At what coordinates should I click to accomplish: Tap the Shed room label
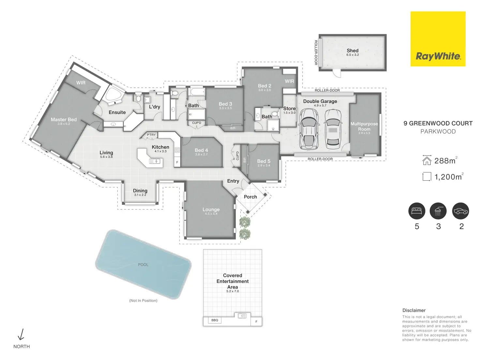tap(352, 51)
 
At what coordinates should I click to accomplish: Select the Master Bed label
tap(64, 120)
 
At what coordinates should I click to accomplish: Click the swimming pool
tap(143, 264)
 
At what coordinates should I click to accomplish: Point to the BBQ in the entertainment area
tap(215, 320)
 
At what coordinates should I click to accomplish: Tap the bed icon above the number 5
tap(417, 211)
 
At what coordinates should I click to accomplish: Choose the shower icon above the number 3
tap(438, 211)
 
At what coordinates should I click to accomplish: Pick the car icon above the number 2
tap(460, 211)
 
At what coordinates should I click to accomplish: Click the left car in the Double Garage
tap(309, 129)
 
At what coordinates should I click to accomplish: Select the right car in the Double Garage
tap(333, 128)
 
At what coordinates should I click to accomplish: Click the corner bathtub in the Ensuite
tap(114, 95)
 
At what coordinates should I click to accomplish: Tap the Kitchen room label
tap(160, 147)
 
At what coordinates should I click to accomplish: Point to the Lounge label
tap(211, 210)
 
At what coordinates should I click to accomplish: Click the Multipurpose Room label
tap(364, 127)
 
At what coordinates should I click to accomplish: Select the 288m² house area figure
tap(445, 160)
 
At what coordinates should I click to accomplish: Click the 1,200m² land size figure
tap(448, 177)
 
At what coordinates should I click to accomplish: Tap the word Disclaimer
tap(414, 310)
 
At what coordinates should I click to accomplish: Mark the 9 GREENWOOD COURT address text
tap(438, 123)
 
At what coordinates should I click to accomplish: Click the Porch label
tap(250, 197)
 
